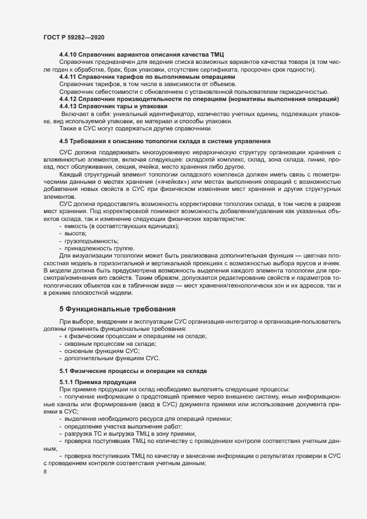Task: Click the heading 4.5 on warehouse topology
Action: point(165,141)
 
